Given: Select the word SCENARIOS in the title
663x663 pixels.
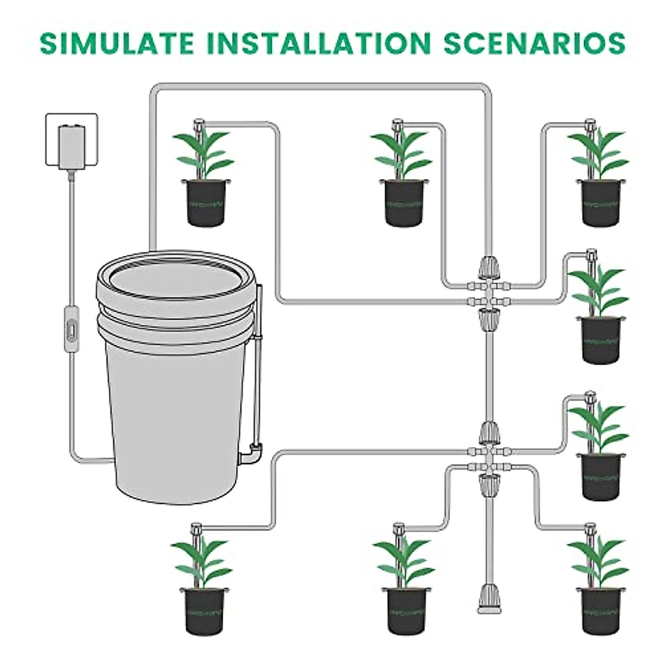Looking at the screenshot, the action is click(535, 43).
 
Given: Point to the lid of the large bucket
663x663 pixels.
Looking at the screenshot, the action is click(176, 273).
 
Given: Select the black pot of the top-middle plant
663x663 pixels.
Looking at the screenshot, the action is click(404, 202).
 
